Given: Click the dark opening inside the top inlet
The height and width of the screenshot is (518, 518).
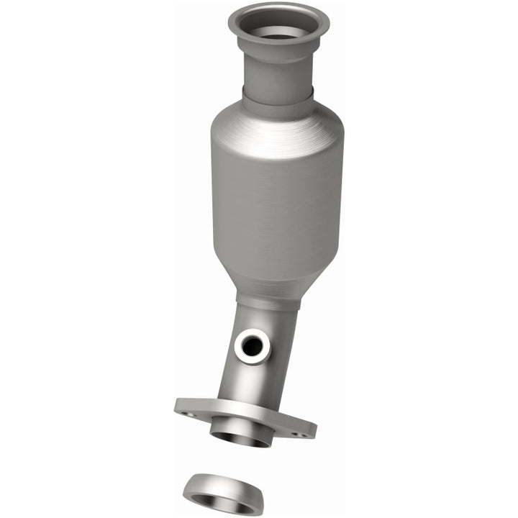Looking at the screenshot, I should coord(277,33).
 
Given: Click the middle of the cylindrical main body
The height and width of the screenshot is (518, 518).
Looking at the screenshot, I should coord(278,201).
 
